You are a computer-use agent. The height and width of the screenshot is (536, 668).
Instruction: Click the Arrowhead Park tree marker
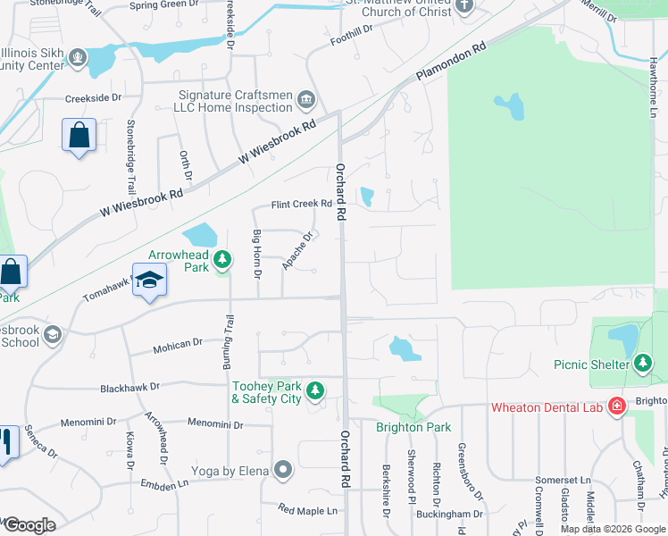point(223,260)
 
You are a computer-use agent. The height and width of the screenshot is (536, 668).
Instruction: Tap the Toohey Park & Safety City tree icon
point(314,390)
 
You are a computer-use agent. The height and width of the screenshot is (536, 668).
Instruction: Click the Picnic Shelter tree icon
point(642,364)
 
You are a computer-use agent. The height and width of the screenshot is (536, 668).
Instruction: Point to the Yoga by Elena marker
point(284,469)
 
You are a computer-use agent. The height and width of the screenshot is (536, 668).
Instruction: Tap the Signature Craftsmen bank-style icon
point(306,98)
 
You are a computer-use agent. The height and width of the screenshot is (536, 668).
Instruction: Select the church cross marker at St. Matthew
point(463,6)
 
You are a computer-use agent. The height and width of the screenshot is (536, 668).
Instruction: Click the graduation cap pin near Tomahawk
point(150,280)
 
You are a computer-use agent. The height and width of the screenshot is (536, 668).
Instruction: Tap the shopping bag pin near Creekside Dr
point(79,136)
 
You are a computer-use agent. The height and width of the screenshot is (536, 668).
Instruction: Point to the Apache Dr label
point(297,251)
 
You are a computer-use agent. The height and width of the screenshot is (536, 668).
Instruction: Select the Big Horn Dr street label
point(257,253)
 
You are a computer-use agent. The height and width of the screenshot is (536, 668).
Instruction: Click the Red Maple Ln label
point(308,510)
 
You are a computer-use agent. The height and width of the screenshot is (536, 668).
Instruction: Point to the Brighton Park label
point(413,427)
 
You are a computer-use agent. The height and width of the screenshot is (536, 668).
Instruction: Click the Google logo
point(29,525)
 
